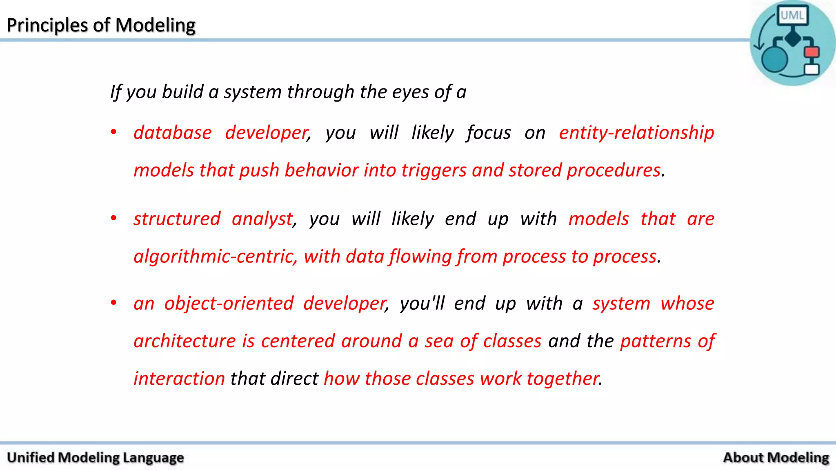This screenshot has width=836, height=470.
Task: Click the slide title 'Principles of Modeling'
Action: point(101,25)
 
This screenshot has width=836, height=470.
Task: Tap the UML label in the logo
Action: point(792,16)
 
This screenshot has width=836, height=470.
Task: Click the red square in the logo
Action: point(812,52)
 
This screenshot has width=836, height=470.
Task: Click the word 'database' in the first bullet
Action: point(173,133)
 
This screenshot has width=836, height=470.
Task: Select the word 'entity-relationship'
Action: point(636,133)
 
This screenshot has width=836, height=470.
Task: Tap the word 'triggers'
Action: point(434,171)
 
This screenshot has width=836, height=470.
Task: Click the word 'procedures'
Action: point(614,171)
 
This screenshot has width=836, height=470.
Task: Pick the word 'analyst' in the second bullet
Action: point(262,219)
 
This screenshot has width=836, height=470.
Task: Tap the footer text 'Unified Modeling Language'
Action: point(96,458)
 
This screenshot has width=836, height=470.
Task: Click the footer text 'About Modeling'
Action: point(776,458)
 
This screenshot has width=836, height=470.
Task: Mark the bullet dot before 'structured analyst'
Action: point(114,218)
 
